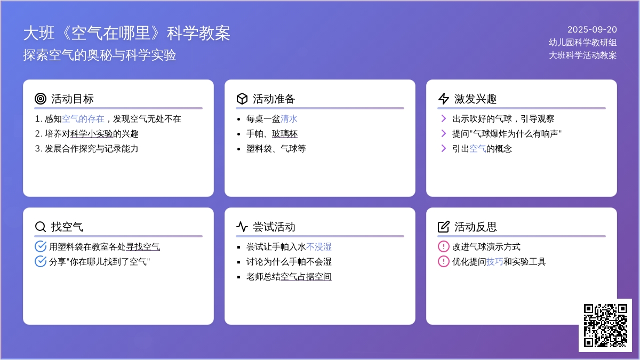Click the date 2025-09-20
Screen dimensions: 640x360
(592, 29)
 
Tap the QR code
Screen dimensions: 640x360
(605, 325)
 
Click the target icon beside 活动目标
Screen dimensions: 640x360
(41, 99)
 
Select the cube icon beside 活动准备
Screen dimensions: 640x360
(242, 99)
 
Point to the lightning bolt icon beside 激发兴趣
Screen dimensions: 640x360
(443, 99)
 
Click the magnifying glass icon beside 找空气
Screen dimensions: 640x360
(41, 227)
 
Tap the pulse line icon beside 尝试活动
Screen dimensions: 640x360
(242, 227)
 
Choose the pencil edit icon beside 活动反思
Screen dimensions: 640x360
(443, 227)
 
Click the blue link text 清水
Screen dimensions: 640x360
(289, 119)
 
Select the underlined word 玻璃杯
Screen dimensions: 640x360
(285, 134)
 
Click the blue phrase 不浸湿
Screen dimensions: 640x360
(318, 247)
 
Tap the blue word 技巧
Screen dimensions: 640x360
(494, 262)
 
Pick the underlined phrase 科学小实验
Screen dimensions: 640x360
(91, 134)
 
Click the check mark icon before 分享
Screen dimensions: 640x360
(41, 261)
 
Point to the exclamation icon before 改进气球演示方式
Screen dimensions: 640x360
(443, 246)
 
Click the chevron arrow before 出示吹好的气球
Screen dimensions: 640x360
(443, 118)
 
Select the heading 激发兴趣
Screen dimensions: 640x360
(475, 99)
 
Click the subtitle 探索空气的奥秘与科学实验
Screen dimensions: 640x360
(99, 55)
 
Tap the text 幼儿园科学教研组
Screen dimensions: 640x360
(582, 42)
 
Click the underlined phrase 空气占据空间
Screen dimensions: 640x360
(306, 277)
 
